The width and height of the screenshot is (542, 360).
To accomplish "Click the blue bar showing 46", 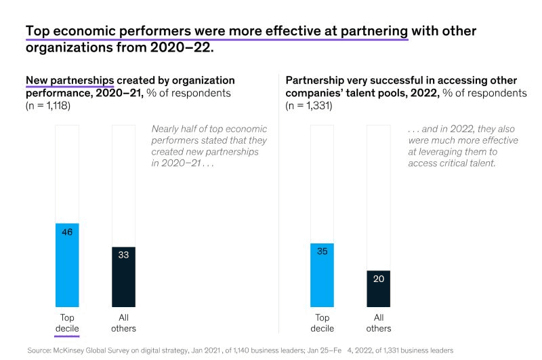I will tap(67, 265).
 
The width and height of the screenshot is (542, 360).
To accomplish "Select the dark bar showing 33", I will tap(123, 277).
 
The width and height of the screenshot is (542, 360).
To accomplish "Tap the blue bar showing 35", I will tap(322, 275).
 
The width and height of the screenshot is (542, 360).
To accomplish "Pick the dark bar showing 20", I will tap(378, 289).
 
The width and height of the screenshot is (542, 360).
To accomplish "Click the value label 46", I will tap(67, 232).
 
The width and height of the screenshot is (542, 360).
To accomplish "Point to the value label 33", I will tap(123, 255).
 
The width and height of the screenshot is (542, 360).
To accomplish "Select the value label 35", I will tap(322, 252).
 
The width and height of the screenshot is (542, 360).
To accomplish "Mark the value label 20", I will tap(378, 279).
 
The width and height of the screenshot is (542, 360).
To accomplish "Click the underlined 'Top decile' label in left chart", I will tap(67, 323).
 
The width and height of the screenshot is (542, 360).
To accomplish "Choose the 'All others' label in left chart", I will tap(123, 323).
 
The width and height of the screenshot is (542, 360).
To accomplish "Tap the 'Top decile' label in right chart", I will tap(322, 323).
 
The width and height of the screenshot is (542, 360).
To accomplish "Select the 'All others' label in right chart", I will tap(378, 323).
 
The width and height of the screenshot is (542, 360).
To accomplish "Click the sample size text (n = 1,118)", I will tap(48, 106).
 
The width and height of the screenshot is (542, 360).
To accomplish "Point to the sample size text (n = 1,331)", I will tap(309, 106).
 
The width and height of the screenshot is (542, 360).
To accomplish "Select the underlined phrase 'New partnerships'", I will tap(70, 80).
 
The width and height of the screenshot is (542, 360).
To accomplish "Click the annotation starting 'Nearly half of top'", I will tap(209, 146).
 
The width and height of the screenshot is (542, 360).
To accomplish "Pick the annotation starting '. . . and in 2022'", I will tap(463, 146).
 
